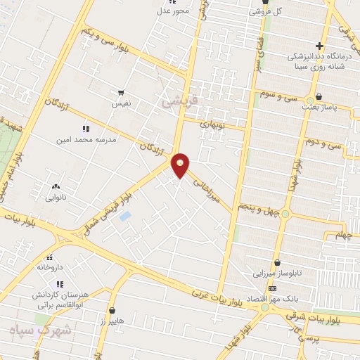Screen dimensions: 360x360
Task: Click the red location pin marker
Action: coord(181,165)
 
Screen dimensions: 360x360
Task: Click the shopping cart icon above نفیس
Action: coord(121,93)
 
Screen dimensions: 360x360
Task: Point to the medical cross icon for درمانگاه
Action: coord(319,46)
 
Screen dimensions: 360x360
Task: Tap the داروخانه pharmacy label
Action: coord(50,267)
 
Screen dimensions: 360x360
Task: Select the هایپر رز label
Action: coord(112,320)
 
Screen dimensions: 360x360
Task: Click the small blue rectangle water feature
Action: coord(124,216)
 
